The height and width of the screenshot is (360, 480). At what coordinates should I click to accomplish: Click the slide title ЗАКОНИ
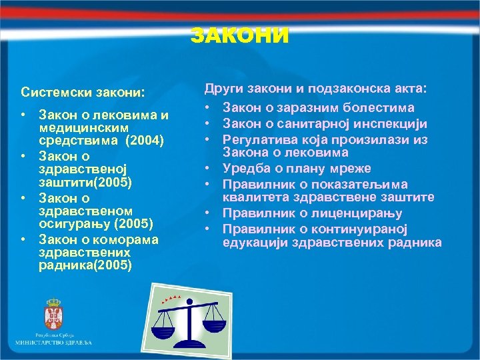pos(240,35)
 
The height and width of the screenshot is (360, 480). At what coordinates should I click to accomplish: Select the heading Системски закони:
pos(83,91)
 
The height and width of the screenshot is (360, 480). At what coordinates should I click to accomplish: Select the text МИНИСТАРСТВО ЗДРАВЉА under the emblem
pos(54,342)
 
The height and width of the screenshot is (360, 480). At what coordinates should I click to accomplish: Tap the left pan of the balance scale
pos(162,328)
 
